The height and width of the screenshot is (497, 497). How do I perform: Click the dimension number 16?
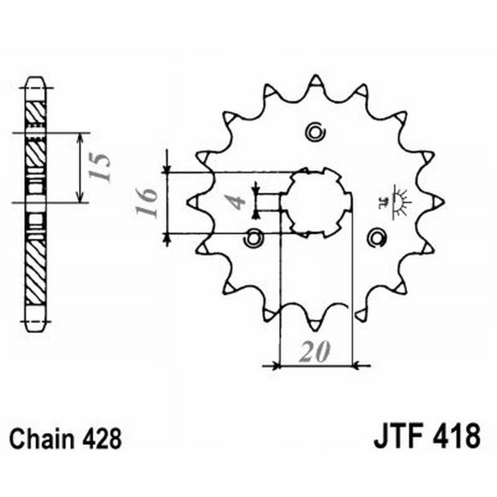coord(148,203)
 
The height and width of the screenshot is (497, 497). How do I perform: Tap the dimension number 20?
coord(314,353)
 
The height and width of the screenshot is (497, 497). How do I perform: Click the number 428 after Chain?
coord(101,438)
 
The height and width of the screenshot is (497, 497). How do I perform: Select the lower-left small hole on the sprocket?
coord(254,236)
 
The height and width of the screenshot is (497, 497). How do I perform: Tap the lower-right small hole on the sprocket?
coord(376,236)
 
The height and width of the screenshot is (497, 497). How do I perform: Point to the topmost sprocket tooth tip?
coord(315,80)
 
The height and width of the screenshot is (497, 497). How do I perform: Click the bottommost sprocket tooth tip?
coord(315,324)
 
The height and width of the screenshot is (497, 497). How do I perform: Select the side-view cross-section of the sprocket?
coord(35,202)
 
